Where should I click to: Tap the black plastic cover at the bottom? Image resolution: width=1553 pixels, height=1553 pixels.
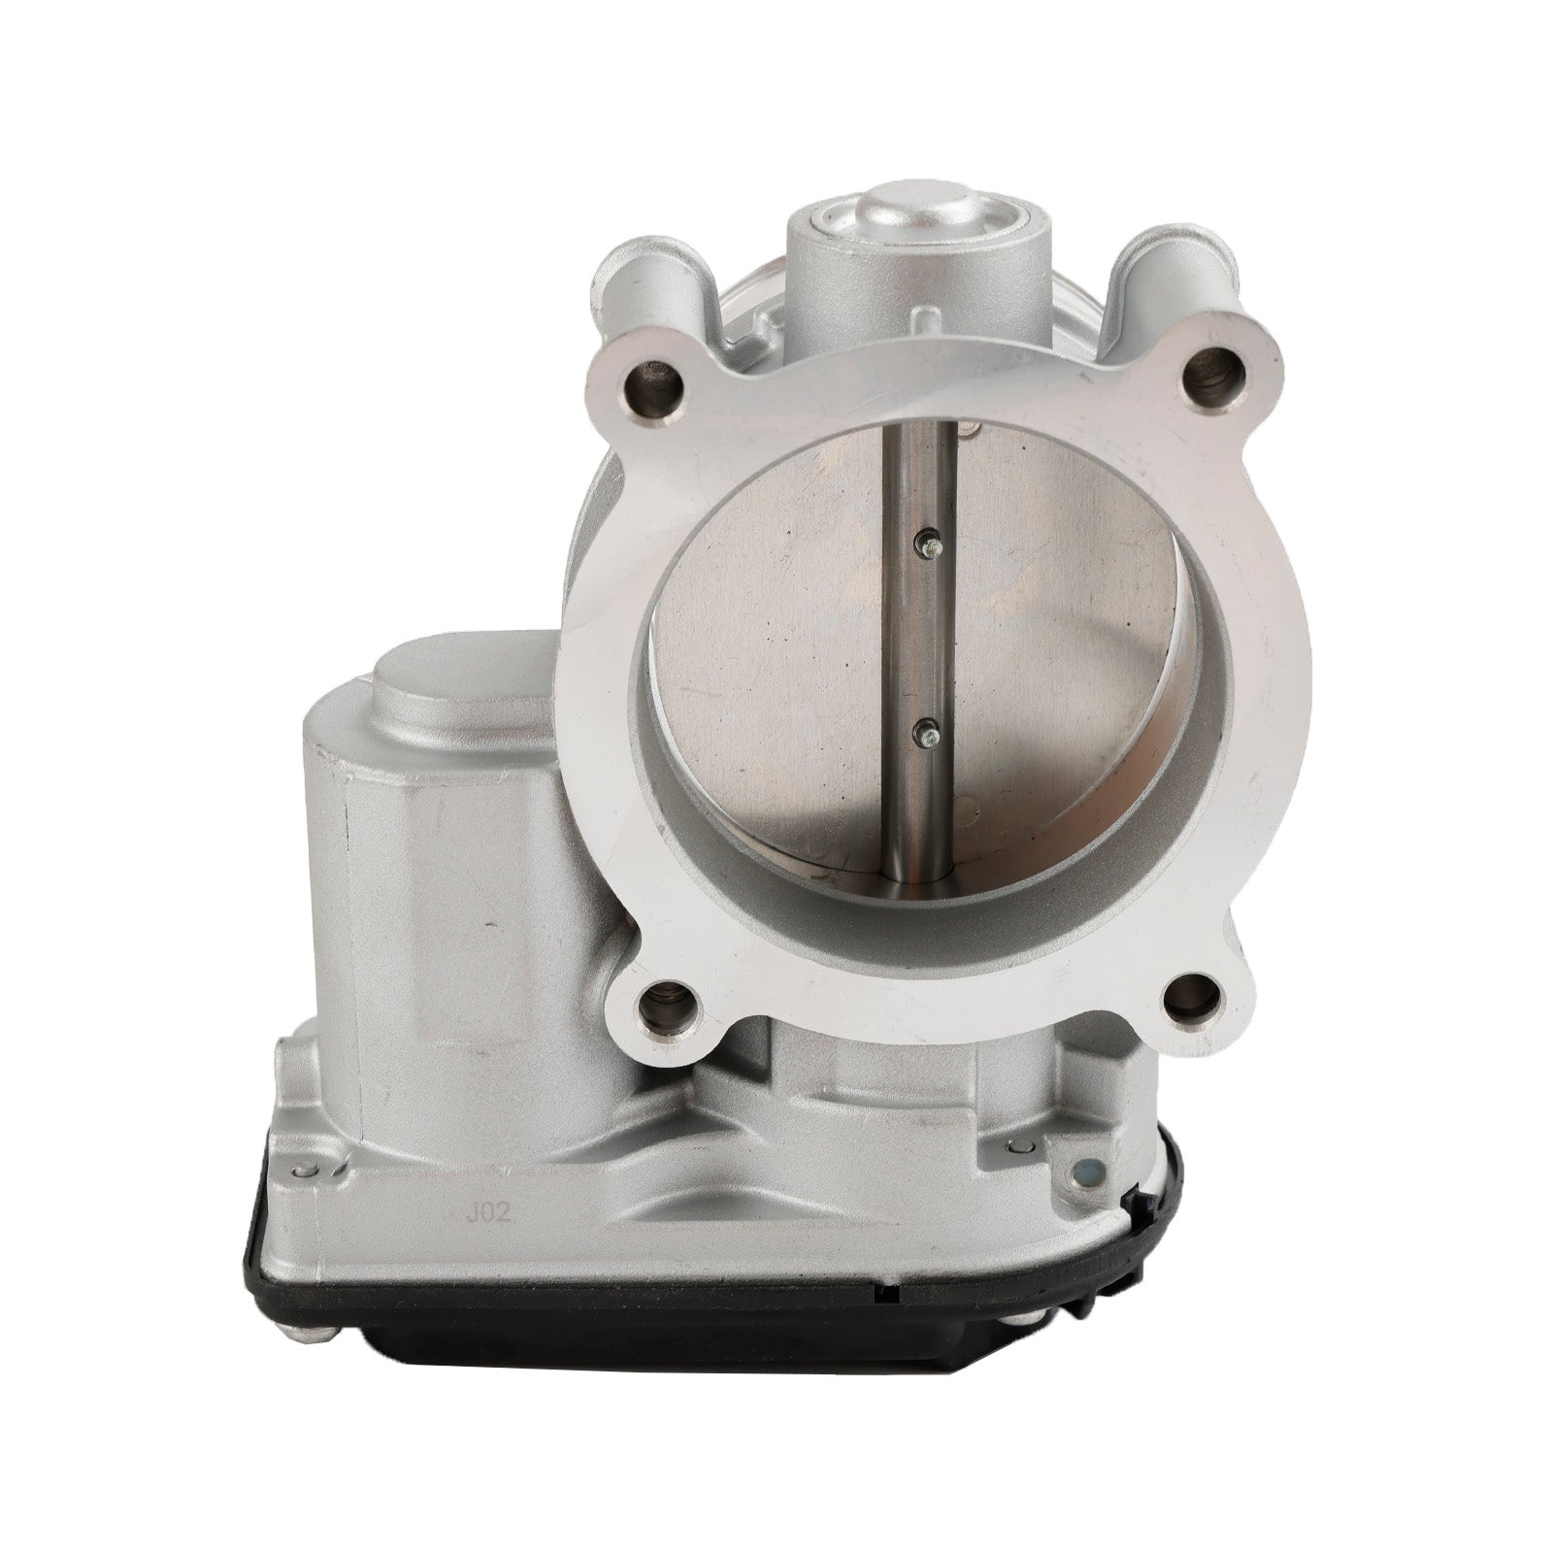[x=679, y=1359]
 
